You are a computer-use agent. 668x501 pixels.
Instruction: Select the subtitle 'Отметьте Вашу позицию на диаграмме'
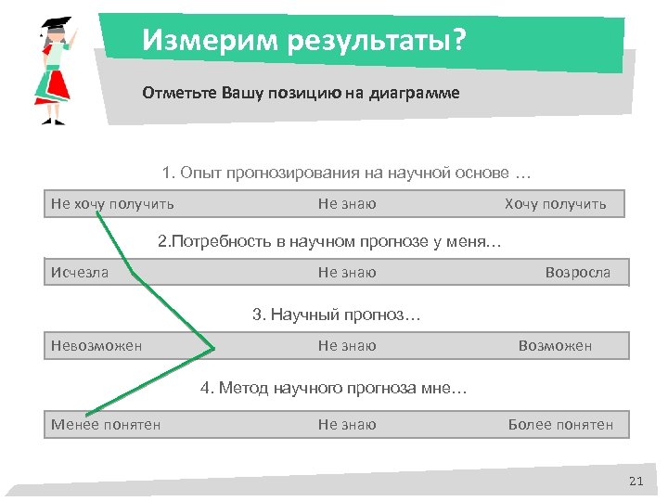pyautogui.click(x=301, y=94)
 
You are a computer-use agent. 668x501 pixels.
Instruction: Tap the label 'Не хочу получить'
pyautogui.click(x=112, y=204)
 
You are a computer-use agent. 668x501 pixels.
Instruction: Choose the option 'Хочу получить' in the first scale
pyautogui.click(x=555, y=204)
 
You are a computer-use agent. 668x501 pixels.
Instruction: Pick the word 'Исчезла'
pyautogui.click(x=80, y=273)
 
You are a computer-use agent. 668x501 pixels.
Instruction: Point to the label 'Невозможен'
pyautogui.click(x=96, y=346)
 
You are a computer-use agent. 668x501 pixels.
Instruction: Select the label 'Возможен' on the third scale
pyautogui.click(x=555, y=346)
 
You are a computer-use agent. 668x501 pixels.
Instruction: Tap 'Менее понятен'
pyautogui.click(x=106, y=425)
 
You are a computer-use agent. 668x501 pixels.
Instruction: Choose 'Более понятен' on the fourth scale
pyautogui.click(x=560, y=425)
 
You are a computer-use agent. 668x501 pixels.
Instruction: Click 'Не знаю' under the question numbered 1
pyautogui.click(x=347, y=204)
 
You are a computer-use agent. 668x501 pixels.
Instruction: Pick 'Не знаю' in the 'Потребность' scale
pyautogui.click(x=347, y=273)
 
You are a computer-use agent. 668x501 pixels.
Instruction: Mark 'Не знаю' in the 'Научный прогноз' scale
pyautogui.click(x=347, y=346)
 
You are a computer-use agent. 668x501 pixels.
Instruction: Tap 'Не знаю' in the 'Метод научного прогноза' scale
pyautogui.click(x=347, y=425)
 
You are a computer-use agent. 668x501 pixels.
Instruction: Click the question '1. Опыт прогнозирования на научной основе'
pyautogui.click(x=346, y=173)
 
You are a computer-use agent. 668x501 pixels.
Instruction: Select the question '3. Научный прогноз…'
pyautogui.click(x=336, y=315)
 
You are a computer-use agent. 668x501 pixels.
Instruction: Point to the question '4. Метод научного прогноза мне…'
pyautogui.click(x=334, y=388)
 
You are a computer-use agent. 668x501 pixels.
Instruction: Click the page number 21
pyautogui.click(x=636, y=480)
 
